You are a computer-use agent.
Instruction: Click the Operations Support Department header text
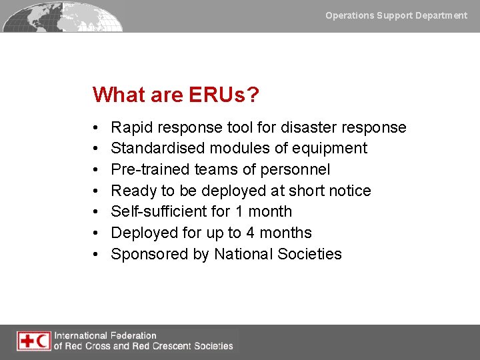pyautogui.click(x=396, y=15)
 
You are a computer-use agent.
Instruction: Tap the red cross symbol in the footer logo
pyautogui.click(x=27, y=341)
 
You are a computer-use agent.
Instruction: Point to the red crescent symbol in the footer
pyautogui.click(x=42, y=341)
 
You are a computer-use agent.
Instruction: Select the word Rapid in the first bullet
pyautogui.click(x=131, y=127)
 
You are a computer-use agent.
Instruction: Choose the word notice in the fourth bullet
pyautogui.click(x=349, y=191)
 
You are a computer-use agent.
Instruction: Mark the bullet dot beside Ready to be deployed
pyautogui.click(x=97, y=191)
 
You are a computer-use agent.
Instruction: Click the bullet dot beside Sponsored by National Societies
pyautogui.click(x=97, y=255)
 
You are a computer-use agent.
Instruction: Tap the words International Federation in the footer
pyautogui.click(x=105, y=335)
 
